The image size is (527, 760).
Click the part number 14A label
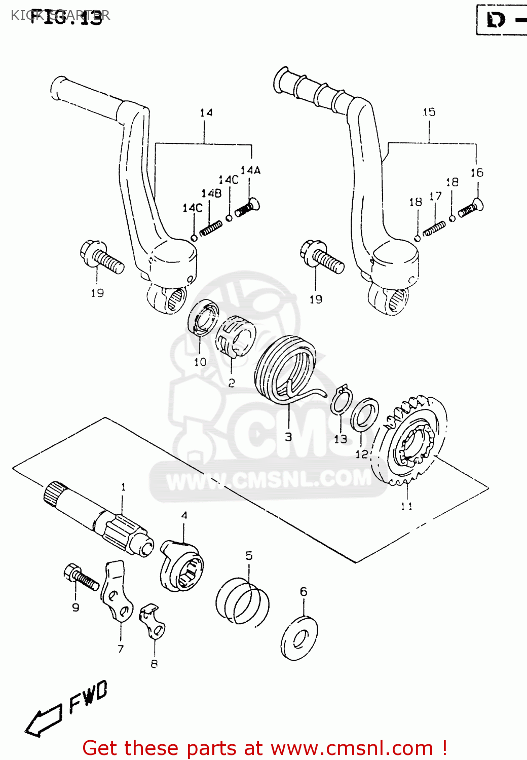pos(250,170)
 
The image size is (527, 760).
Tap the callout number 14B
pos(211,193)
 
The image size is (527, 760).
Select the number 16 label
pos(476,173)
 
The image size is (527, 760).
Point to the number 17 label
pos(435,196)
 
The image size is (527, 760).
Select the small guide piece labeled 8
pos(153,620)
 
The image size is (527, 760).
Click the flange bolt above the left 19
pos(101,257)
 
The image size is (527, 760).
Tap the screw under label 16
pos(471,208)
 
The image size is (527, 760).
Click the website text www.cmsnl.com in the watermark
pos(269,479)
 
